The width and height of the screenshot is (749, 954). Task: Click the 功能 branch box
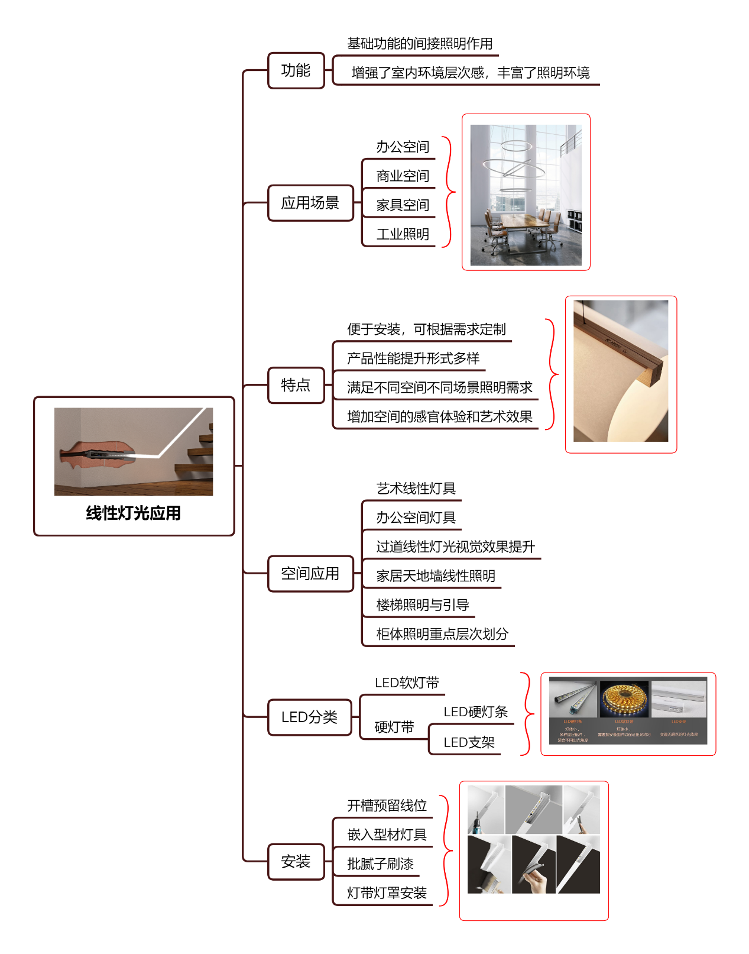tap(296, 70)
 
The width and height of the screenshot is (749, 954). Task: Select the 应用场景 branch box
tap(310, 203)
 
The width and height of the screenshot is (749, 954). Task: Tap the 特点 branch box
tap(296, 385)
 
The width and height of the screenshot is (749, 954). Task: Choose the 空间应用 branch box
tap(310, 573)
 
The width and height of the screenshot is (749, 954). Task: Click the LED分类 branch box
tap(309, 717)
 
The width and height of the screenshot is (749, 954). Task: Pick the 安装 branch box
tap(296, 861)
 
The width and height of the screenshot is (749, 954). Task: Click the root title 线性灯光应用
tap(134, 513)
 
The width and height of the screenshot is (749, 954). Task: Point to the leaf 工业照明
tap(403, 234)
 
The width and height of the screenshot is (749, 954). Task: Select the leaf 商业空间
tap(403, 176)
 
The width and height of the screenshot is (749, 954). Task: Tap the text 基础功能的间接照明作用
tap(420, 44)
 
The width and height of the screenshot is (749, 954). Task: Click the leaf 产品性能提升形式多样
tap(413, 358)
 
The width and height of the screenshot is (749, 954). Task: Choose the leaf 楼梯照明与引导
tap(423, 605)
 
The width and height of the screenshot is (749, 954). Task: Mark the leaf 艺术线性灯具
tap(416, 489)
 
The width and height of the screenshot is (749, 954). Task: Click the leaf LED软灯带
tap(407, 683)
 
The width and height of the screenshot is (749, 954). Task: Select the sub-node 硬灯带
tap(394, 727)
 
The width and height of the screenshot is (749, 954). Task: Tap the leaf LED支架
tap(469, 742)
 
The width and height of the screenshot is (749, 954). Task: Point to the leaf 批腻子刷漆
tap(380, 864)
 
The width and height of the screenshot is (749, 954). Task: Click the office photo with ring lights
tap(526, 195)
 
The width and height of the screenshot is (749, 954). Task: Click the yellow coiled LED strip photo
tap(624, 698)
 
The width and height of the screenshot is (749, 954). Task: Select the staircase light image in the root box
tap(134, 451)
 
